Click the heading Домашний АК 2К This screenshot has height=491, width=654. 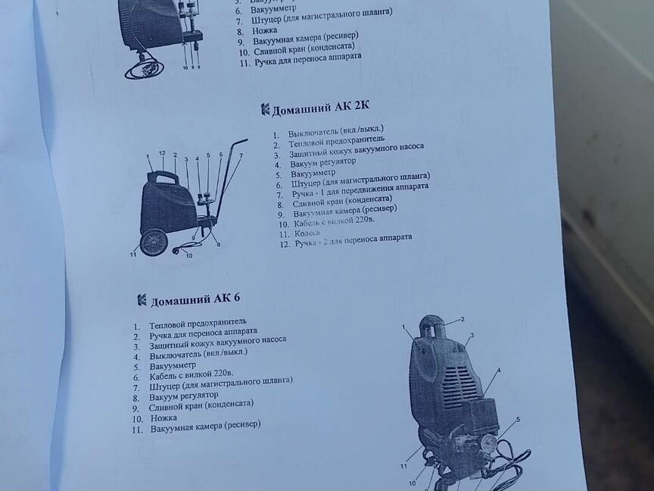coord(320,108)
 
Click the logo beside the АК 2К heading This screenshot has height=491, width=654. coord(265,109)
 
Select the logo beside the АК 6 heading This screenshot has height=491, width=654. coord(142,300)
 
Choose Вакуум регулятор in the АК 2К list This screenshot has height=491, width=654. coord(322,161)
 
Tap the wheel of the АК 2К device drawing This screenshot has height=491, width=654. coord(154,242)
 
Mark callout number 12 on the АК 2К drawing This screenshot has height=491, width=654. coord(161,153)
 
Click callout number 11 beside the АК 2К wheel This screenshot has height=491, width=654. coord(133,254)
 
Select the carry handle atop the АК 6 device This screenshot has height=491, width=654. coord(432,326)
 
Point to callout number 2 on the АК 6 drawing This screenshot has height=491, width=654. coord(462,320)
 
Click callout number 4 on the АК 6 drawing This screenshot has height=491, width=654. coord(498,371)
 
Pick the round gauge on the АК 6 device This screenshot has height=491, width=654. coord(487,444)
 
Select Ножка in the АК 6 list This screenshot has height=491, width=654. coord(163,418)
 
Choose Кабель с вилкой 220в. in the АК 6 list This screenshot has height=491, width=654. coord(191,374)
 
